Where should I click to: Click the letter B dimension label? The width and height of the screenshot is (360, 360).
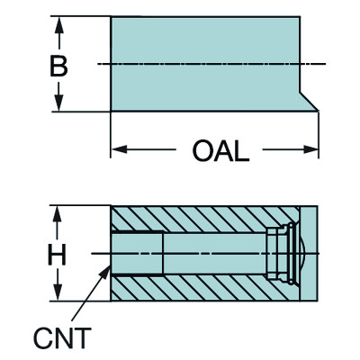58,65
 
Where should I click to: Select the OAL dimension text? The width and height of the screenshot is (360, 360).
219,150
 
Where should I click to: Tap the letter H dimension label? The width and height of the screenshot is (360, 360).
58,256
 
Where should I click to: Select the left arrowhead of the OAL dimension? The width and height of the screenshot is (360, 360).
117,150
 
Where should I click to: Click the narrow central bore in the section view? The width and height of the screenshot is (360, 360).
216,255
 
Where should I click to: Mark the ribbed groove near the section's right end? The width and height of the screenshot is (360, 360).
280,255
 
